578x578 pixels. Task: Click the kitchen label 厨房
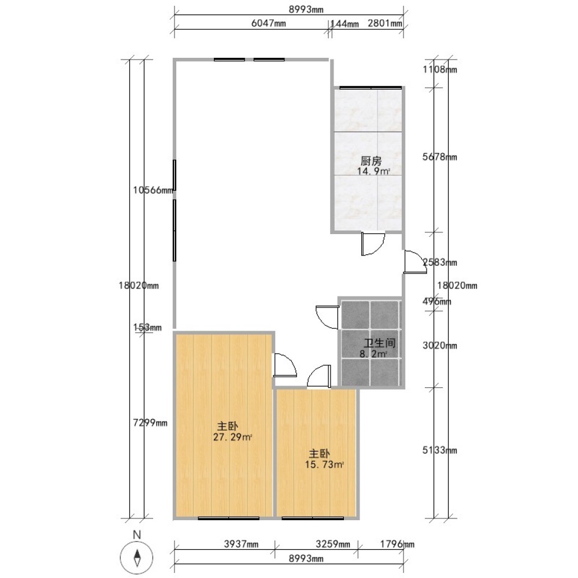tap(371, 161)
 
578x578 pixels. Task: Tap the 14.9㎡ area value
tap(373, 171)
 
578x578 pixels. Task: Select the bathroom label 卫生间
tap(380, 343)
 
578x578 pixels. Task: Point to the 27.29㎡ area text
tap(232, 437)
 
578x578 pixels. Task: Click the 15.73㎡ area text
tap(324, 465)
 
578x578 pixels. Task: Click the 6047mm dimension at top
tap(268, 23)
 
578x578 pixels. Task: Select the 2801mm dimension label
tap(385, 23)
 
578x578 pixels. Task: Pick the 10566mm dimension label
tap(153, 190)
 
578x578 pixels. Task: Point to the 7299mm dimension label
tap(150, 423)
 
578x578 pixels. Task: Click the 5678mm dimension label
tap(440, 157)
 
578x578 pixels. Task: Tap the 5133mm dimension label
tap(440, 450)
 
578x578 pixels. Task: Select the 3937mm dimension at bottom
tap(242, 544)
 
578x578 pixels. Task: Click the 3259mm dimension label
tap(333, 544)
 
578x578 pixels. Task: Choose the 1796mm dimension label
tap(398, 544)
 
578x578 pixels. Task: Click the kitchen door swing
tap(373, 244)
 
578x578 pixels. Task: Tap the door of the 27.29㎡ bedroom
tap(284, 365)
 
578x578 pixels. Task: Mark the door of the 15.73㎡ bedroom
tap(319, 376)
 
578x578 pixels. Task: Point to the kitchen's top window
tap(370, 88)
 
